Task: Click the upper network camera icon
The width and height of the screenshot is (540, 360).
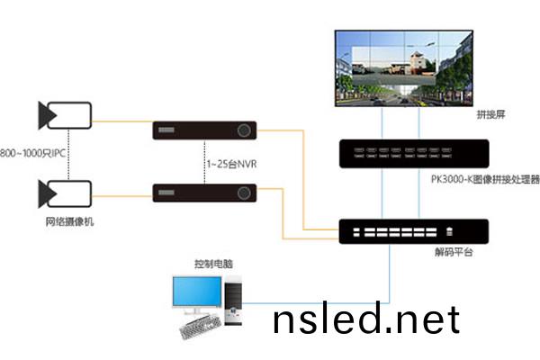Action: coord(65,114)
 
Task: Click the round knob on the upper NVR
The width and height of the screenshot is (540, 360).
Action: coord(244,131)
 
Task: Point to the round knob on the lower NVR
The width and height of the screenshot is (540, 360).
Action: coord(243,193)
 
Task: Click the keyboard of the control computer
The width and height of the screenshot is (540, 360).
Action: coord(203,329)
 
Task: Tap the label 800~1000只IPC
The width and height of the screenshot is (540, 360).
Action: coord(35,153)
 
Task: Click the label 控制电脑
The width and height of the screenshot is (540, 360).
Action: coord(212,265)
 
